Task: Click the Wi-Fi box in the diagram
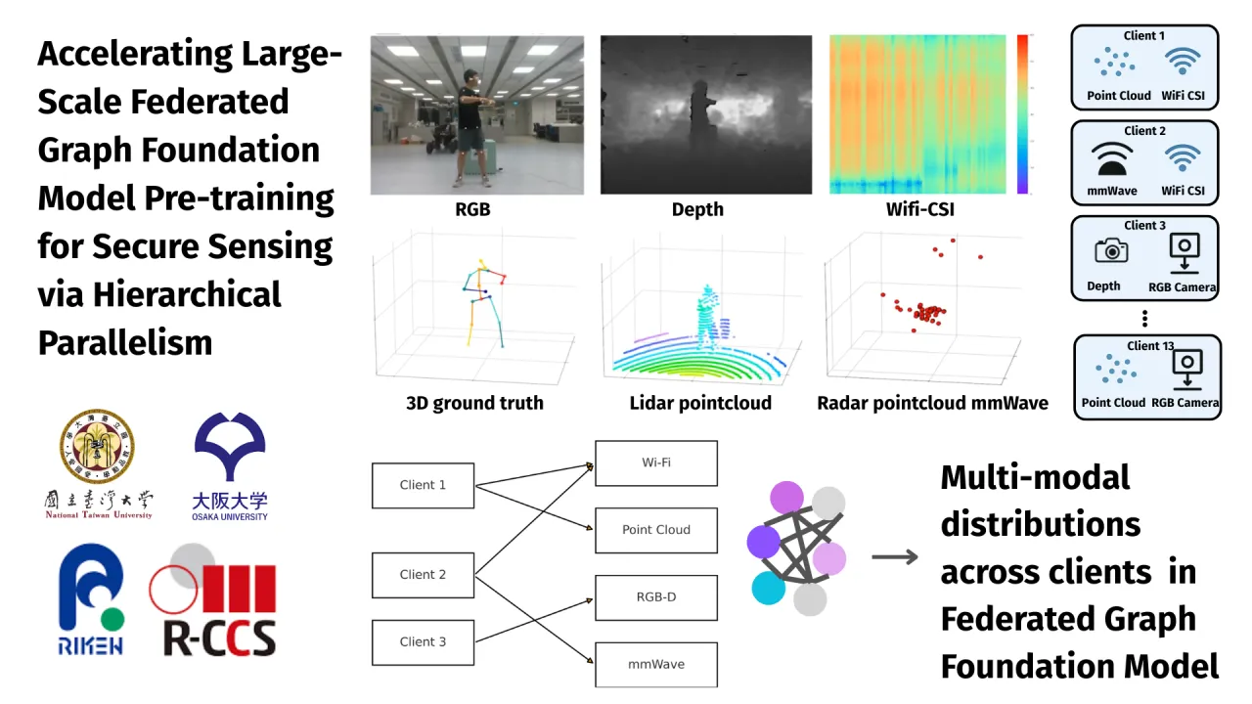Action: click(656, 462)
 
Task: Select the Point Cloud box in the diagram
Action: click(656, 530)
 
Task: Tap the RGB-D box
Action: click(656, 596)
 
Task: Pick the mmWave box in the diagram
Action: click(656, 664)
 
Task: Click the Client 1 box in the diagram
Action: click(423, 485)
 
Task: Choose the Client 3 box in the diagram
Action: click(423, 641)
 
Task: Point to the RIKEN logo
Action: click(92, 599)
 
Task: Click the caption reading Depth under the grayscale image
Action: click(697, 209)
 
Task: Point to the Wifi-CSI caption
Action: click(919, 209)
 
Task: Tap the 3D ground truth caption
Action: click(474, 403)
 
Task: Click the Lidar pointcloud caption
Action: click(700, 403)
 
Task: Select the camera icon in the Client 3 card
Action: click(1111, 251)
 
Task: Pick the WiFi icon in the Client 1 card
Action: click(1183, 63)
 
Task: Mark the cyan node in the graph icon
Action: click(768, 588)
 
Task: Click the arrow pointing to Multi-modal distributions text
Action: click(895, 557)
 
